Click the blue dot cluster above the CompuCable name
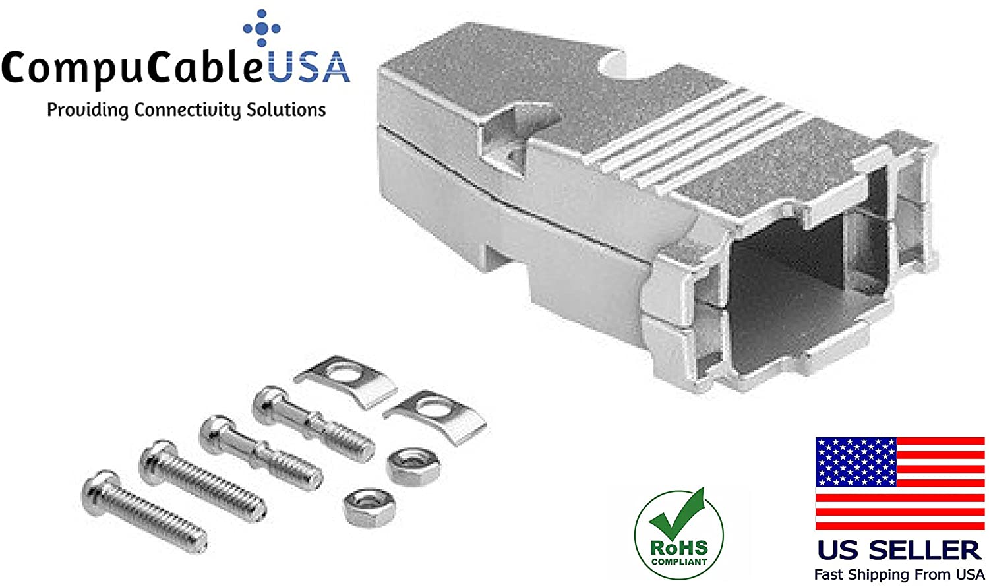(262, 28)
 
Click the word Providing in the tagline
(88, 110)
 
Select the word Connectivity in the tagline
(187, 110)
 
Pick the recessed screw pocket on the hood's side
(514, 139)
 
